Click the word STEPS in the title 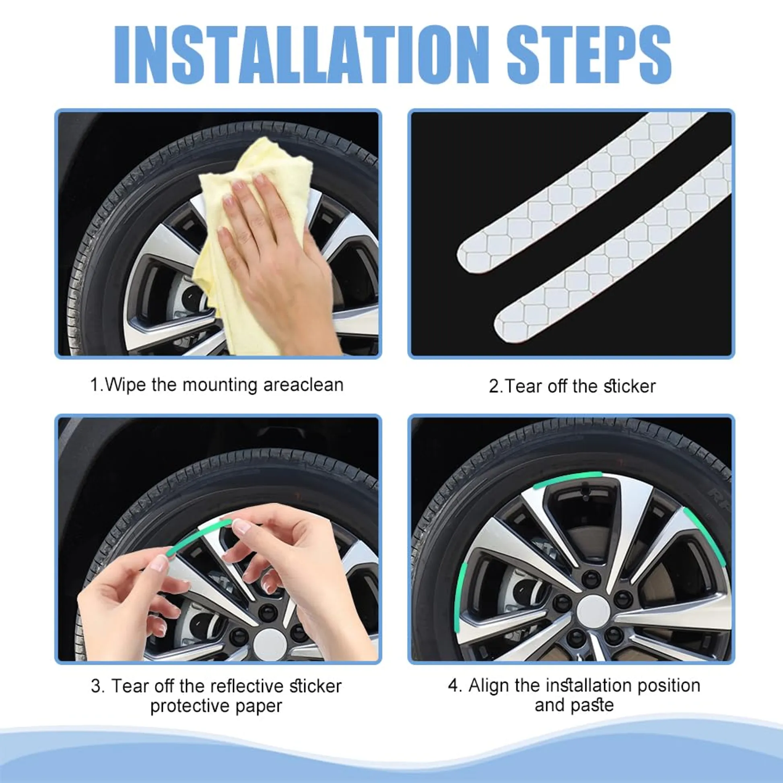click(589, 55)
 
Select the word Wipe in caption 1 click(125, 384)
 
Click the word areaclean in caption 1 click(303, 384)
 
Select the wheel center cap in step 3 click(270, 645)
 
